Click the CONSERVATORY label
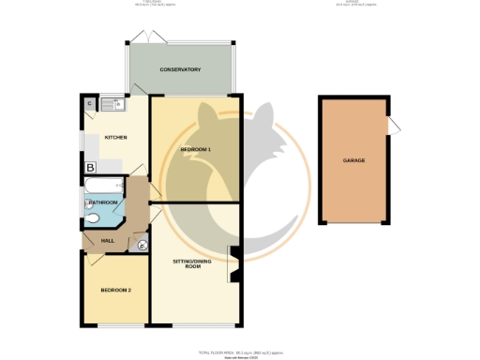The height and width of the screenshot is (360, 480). [180, 69]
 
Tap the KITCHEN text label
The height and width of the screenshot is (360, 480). [115, 138]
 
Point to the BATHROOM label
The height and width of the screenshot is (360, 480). [102, 202]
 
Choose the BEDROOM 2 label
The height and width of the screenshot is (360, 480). [115, 290]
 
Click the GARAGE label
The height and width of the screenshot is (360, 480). [353, 160]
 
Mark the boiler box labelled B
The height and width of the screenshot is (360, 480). [90, 168]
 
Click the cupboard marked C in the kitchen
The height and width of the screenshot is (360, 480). [89, 103]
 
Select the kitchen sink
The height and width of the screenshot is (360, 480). [109, 103]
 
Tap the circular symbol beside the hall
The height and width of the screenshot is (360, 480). [142, 246]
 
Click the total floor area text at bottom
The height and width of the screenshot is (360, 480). [239, 352]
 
